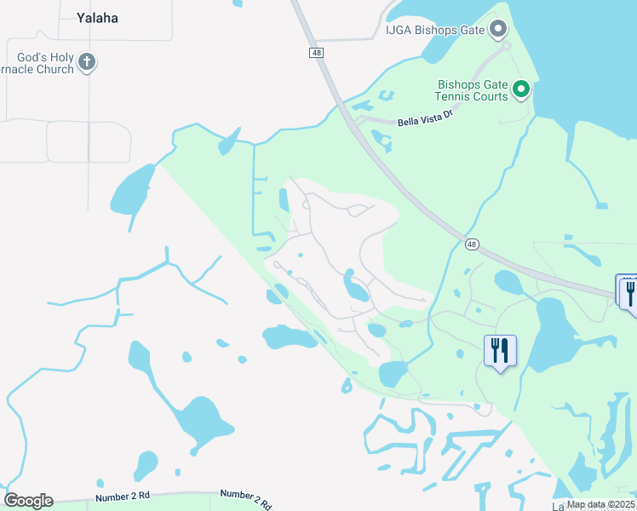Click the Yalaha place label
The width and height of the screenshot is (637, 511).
[x=97, y=18]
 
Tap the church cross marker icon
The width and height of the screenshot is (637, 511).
[x=87, y=61]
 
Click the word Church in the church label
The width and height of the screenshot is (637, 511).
[x=55, y=70]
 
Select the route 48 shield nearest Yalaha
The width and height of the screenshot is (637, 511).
[x=316, y=53]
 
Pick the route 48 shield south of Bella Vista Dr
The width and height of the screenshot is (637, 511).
[x=472, y=244]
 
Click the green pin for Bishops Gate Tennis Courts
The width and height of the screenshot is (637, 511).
[x=522, y=89]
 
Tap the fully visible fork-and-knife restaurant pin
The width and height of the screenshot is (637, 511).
[x=499, y=350]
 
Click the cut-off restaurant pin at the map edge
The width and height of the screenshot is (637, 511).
[x=628, y=290]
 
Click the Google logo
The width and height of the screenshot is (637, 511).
[x=28, y=501]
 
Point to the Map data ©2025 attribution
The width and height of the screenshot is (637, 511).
[x=601, y=504]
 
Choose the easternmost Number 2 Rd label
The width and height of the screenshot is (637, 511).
[x=245, y=497]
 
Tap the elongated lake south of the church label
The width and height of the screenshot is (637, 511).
[x=130, y=189]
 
